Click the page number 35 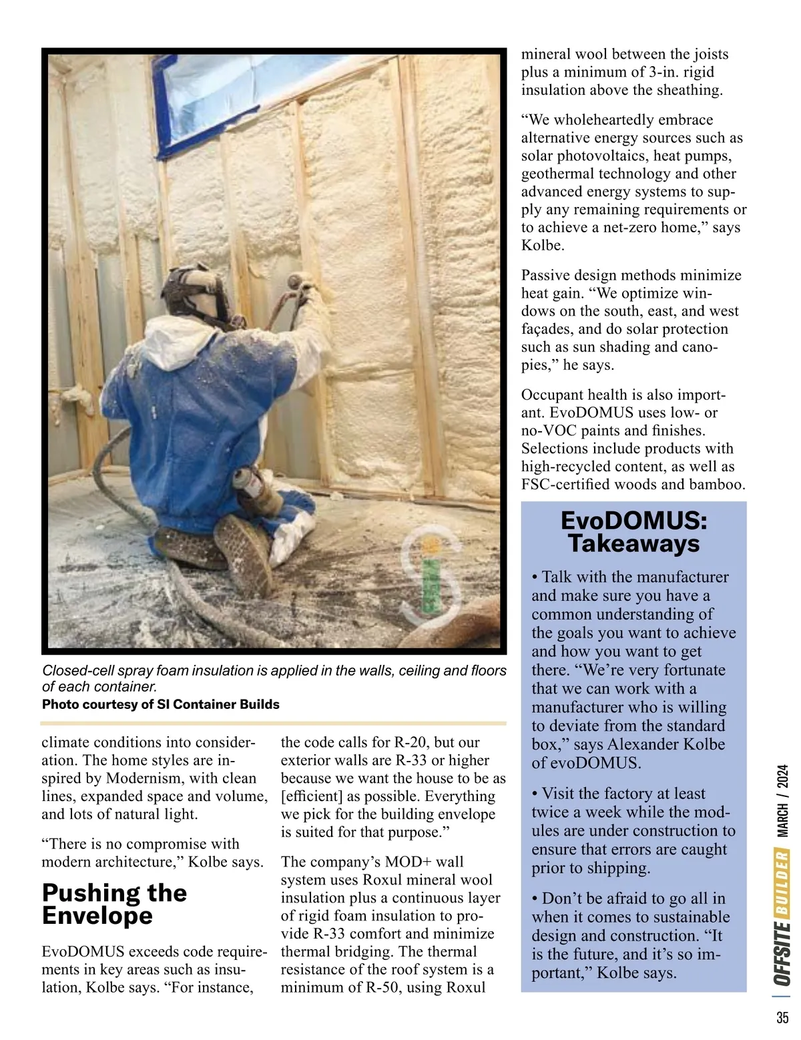point(782,1018)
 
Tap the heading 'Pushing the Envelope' point(114,904)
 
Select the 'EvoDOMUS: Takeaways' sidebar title point(633,532)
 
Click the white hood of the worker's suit point(175,340)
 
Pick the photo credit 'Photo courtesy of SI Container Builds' point(161,704)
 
